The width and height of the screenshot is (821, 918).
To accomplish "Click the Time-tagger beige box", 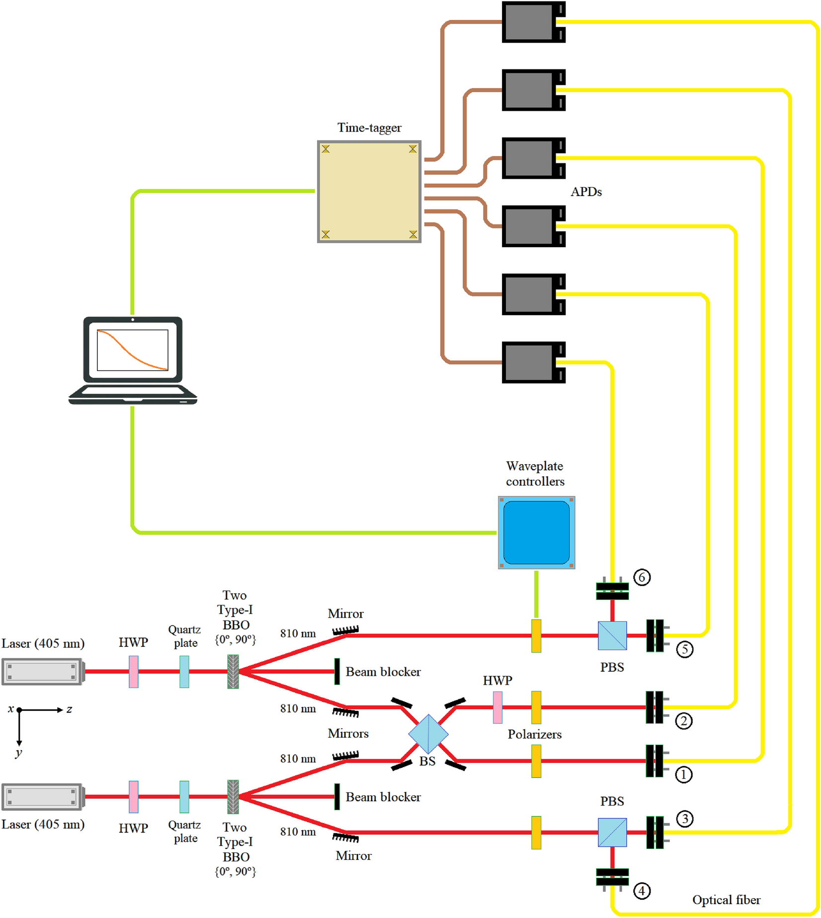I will click(x=369, y=192).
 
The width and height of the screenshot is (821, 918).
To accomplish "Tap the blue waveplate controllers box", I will click(x=536, y=532).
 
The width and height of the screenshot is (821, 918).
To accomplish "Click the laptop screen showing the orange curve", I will click(x=133, y=350).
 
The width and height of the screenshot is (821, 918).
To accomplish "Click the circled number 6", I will click(x=642, y=577).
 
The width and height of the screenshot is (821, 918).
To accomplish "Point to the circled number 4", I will click(x=642, y=891).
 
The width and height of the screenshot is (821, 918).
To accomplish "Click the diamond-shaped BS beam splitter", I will click(x=428, y=734).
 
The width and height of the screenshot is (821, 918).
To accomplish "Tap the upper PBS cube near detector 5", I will click(x=612, y=636).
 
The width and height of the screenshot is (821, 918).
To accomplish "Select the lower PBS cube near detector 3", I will click(x=612, y=833).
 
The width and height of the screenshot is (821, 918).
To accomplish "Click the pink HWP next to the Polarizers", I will click(x=497, y=707).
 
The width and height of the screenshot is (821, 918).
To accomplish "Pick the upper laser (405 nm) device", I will click(x=42, y=671).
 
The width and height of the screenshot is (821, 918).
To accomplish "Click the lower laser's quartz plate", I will click(x=184, y=797).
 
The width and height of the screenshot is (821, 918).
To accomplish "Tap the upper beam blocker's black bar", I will click(x=337, y=671).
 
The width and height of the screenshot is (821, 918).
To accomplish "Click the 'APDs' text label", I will click(x=586, y=192).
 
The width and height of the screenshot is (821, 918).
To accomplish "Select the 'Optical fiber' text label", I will click(x=726, y=900).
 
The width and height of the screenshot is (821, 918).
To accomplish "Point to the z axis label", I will click(x=69, y=709).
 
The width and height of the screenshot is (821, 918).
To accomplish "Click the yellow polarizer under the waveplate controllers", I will click(x=536, y=636).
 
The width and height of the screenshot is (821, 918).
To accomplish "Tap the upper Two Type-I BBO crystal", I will click(x=233, y=671).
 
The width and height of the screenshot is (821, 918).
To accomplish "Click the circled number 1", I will click(x=683, y=775).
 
